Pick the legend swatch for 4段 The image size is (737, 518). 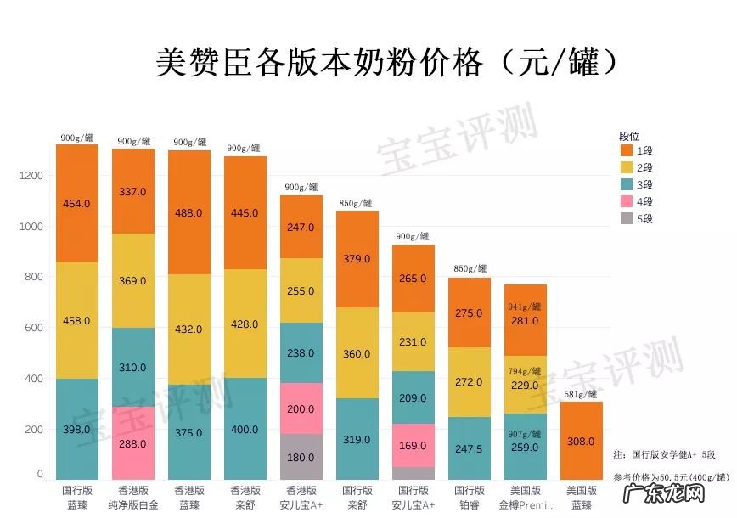tap(627, 201)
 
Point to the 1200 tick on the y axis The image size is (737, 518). tap(31, 176)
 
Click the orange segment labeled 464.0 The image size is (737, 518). tap(77, 204)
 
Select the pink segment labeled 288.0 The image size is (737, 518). tap(133, 442)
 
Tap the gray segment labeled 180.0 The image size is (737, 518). tap(301, 457)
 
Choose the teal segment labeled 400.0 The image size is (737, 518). tap(245, 429)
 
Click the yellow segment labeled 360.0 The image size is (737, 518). tap(357, 352)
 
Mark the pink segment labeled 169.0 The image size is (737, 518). tap(414, 445)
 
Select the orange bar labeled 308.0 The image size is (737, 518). tap(582, 441)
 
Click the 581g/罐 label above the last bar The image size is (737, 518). tap(582, 394)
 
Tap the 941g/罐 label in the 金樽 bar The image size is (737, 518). tap(526, 307)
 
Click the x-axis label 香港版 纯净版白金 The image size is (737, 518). tap(133, 498)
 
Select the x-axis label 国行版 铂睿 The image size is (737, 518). tap(470, 498)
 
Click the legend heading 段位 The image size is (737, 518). tap(629, 135)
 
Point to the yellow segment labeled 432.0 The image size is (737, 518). tap(189, 329)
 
